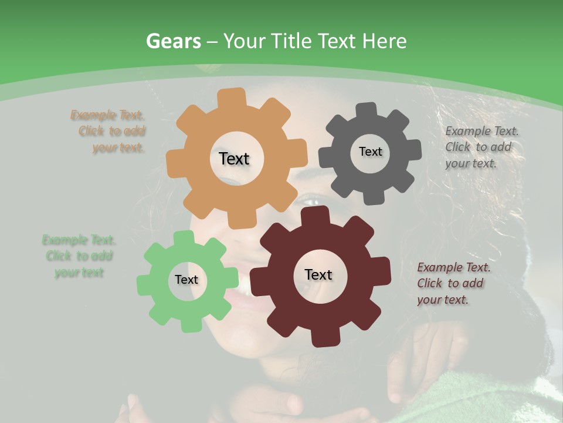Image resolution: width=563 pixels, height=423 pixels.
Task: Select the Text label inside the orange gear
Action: (x=234, y=159)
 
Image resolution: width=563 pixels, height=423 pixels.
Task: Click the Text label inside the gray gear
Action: (x=370, y=152)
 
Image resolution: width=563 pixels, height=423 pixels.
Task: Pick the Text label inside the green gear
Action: (x=186, y=280)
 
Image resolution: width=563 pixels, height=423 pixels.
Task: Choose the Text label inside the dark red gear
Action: (x=318, y=274)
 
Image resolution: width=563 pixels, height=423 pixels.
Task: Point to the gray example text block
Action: (x=481, y=147)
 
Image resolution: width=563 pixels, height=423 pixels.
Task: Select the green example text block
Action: (x=79, y=256)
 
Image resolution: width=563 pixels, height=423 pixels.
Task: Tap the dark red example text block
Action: (x=453, y=283)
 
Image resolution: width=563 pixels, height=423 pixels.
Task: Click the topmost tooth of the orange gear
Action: (x=235, y=96)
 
